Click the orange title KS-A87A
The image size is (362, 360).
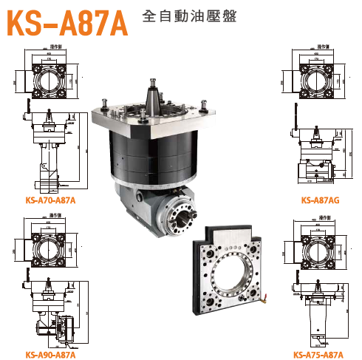click(x=66, y=22)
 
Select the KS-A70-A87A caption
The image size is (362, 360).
click(x=49, y=200)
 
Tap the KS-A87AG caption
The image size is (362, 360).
click(x=320, y=200)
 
